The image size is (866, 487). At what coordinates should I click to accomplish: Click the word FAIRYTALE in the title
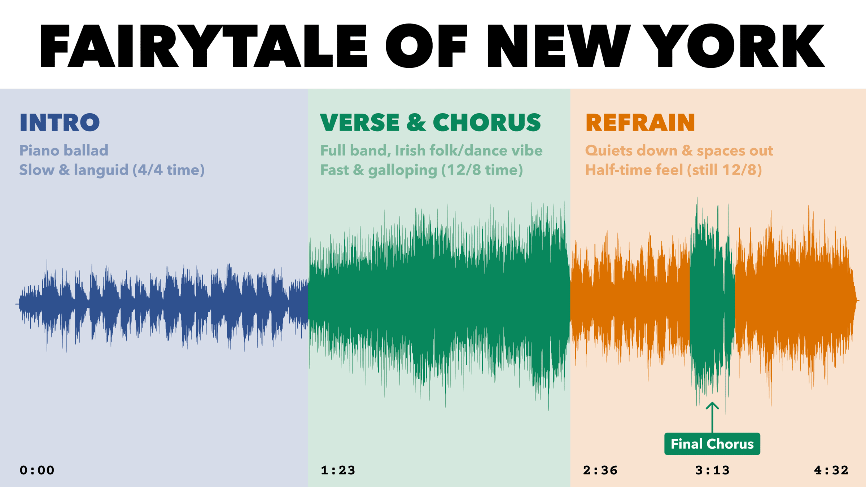point(204,46)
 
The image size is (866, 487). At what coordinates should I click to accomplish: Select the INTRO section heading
point(60,123)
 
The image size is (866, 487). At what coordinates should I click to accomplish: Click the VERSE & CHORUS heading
point(430,123)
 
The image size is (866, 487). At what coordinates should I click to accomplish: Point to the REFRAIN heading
point(640,123)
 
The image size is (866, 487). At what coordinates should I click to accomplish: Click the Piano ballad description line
point(64,150)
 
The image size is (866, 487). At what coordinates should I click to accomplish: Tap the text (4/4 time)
point(169,170)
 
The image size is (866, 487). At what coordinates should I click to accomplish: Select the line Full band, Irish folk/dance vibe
point(431,151)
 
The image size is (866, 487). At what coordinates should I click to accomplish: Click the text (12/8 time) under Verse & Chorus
point(482,170)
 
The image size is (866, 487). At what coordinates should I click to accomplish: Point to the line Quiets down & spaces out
point(679,151)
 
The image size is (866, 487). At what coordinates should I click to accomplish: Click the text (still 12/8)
point(724,170)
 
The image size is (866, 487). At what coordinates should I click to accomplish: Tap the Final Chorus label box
point(712,444)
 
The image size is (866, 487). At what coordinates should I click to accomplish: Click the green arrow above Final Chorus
point(712,417)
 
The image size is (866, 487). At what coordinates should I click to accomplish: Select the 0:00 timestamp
point(37,470)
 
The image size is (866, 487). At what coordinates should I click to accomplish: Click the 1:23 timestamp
point(338,470)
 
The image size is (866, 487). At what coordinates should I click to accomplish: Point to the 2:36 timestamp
point(600,470)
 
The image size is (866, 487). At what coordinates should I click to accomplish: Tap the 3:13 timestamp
point(713,470)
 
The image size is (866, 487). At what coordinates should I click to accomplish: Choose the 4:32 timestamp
point(831,470)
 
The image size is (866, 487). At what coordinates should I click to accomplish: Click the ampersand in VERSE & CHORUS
point(416,123)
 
